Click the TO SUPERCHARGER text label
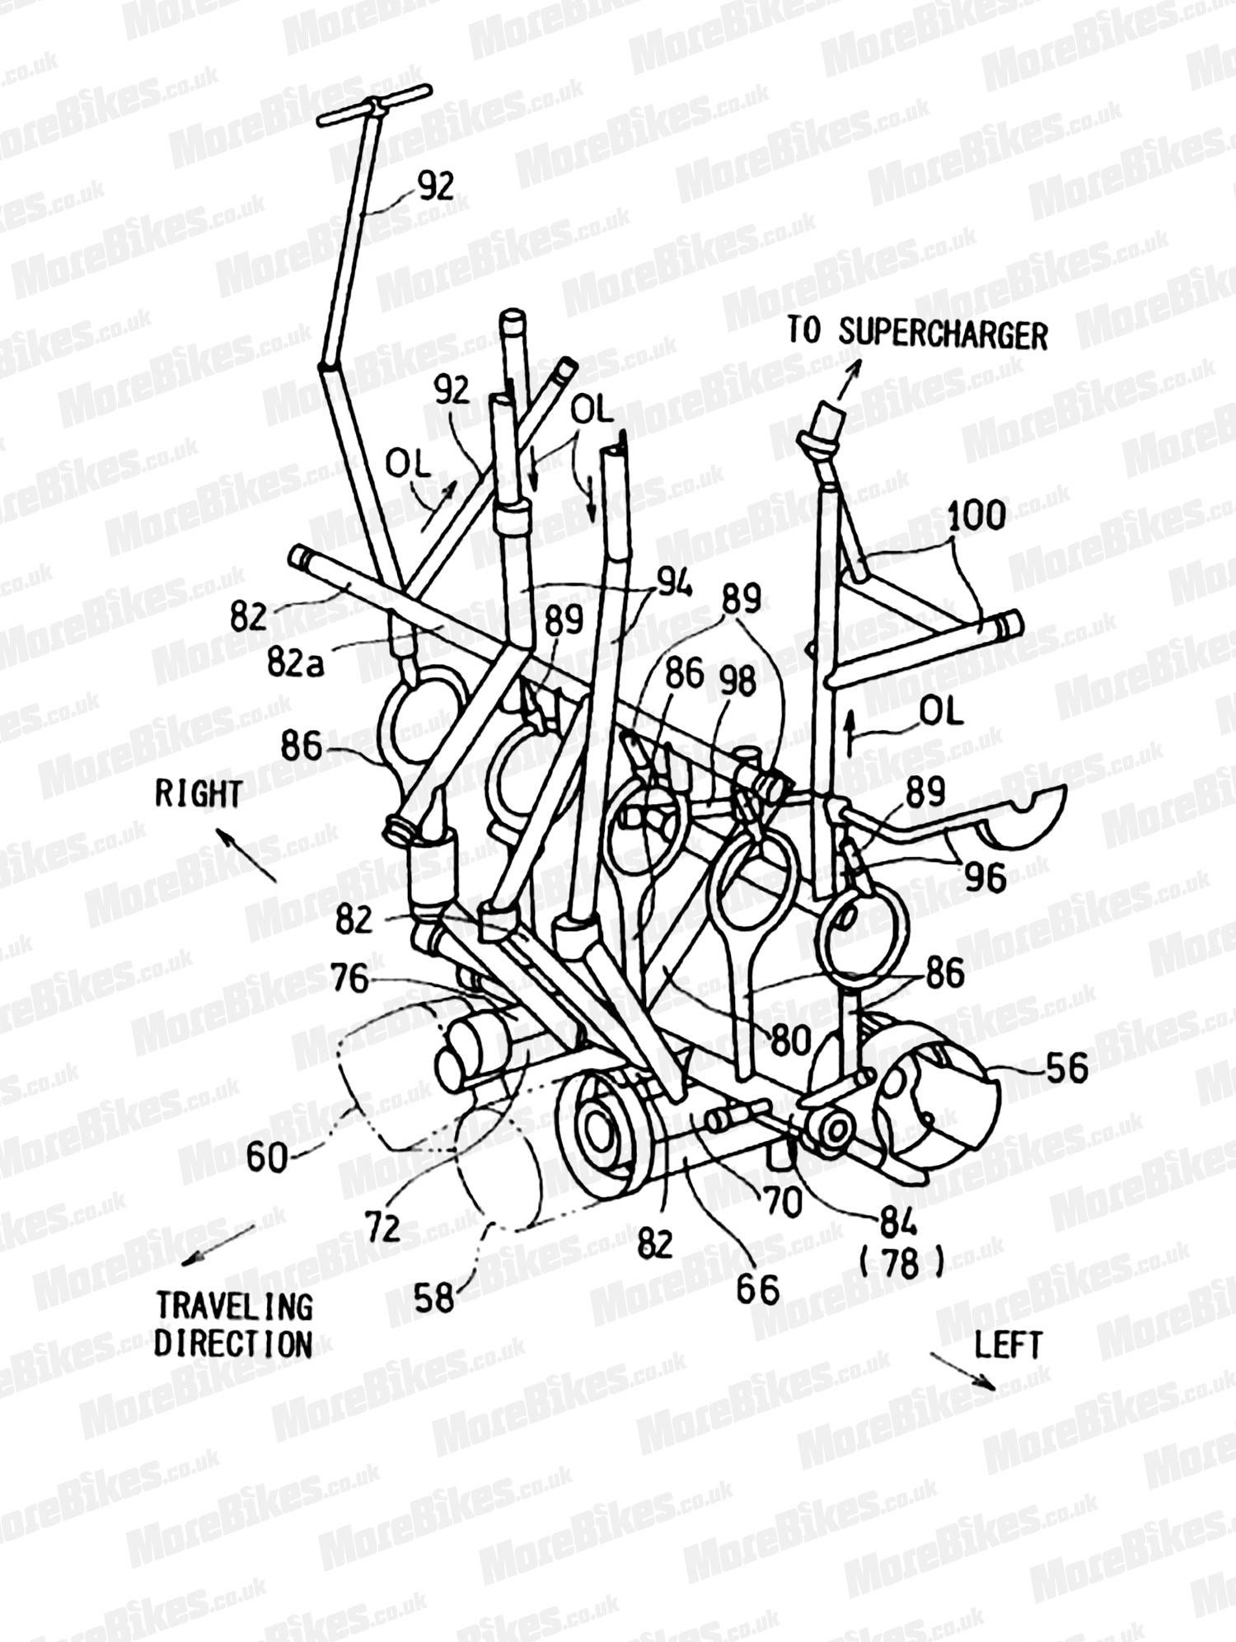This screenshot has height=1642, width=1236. pyautogui.click(x=917, y=334)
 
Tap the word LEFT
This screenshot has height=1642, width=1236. pyautogui.click(x=1008, y=1345)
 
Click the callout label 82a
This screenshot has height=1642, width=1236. pyautogui.click(x=295, y=660)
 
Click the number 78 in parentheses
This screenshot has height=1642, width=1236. pyautogui.click(x=900, y=1265)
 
